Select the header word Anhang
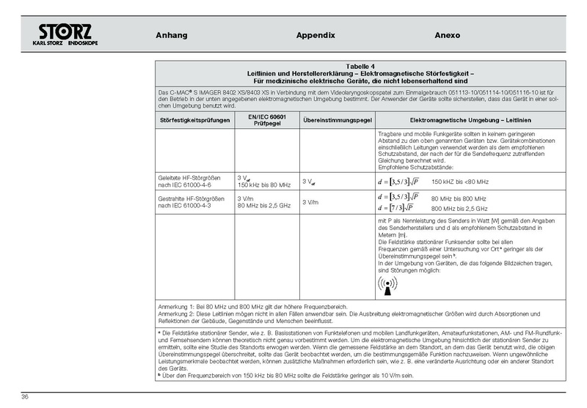172,35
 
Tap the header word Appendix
315,35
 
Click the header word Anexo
447,35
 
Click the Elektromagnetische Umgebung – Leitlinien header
470,119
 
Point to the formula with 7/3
399,208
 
